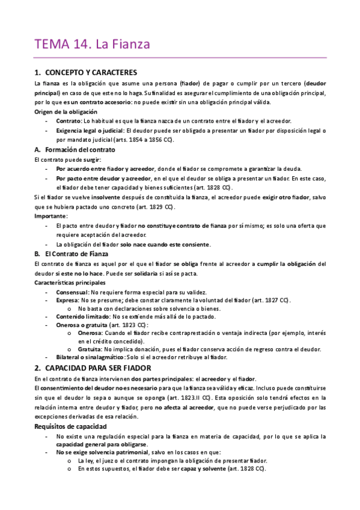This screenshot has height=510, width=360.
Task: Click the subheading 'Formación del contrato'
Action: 77,150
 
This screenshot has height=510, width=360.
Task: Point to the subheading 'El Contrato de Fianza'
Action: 75,254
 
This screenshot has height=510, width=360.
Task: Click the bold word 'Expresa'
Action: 67,300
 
